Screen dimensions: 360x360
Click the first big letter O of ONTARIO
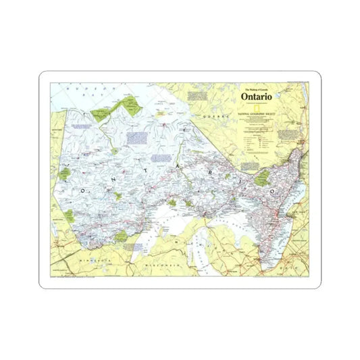click(x=84, y=191)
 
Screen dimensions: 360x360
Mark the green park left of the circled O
click(x=261, y=178)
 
